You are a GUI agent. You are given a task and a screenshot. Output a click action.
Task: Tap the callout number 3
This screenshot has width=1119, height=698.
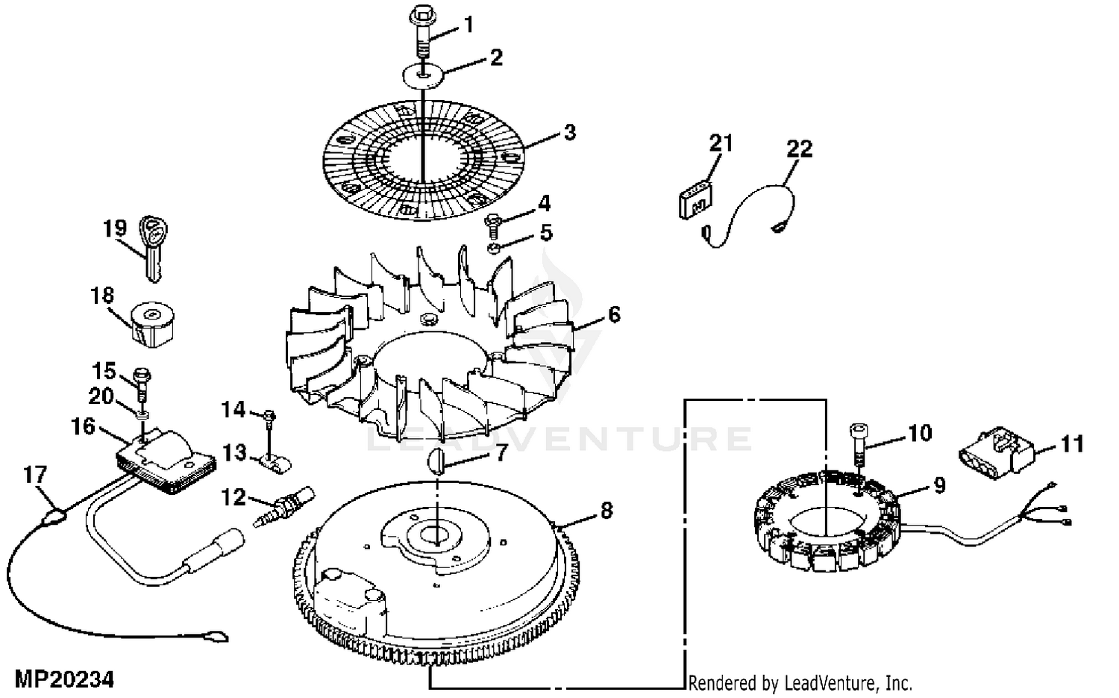(570, 134)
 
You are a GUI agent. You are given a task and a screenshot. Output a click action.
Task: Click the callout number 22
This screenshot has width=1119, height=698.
(799, 149)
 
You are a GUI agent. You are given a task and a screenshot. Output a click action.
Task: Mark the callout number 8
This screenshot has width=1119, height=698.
(606, 511)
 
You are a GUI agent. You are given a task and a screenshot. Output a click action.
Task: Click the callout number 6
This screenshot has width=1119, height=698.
(613, 314)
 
